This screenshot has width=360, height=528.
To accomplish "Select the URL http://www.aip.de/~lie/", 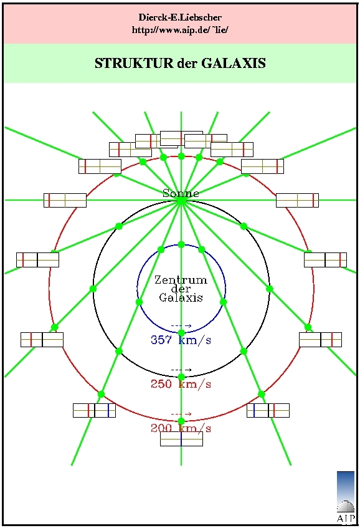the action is [x=180, y=30].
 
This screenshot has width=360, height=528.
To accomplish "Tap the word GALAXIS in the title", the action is [x=234, y=64].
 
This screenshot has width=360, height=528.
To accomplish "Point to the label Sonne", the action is [x=181, y=193].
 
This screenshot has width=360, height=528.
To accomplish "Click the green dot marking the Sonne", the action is [x=181, y=200].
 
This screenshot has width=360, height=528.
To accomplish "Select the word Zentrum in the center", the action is [x=181, y=280].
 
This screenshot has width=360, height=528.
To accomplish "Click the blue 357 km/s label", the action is [x=181, y=340].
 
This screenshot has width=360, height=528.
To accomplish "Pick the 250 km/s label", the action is [x=181, y=384].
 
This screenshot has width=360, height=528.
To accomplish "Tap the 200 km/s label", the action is [x=181, y=428].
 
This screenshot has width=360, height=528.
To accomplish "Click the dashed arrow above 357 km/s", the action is [x=181, y=325].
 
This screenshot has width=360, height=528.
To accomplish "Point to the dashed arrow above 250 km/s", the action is [x=181, y=370].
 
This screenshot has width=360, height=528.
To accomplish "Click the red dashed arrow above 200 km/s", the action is [x=181, y=414].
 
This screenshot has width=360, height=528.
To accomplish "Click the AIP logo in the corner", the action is [x=346, y=497].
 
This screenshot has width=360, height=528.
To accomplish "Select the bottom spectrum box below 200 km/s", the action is [x=181, y=439].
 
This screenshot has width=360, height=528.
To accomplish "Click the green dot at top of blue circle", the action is [x=181, y=244].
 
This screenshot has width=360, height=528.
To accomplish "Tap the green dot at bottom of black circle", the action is [x=181, y=377].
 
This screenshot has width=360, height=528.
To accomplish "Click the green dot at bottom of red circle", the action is [x=181, y=421].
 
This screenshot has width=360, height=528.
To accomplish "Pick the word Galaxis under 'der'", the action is [x=181, y=298].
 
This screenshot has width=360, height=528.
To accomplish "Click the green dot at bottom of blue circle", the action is [x=181, y=333].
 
